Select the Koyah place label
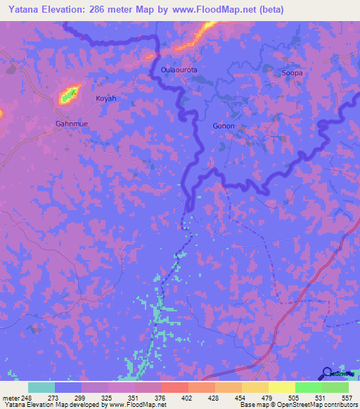(x=105, y=98)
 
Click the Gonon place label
(x=223, y=126)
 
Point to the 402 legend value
(x=187, y=397)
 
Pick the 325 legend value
(x=106, y=397)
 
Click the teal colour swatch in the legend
(x=41, y=387)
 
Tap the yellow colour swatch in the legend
(x=281, y=387)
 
